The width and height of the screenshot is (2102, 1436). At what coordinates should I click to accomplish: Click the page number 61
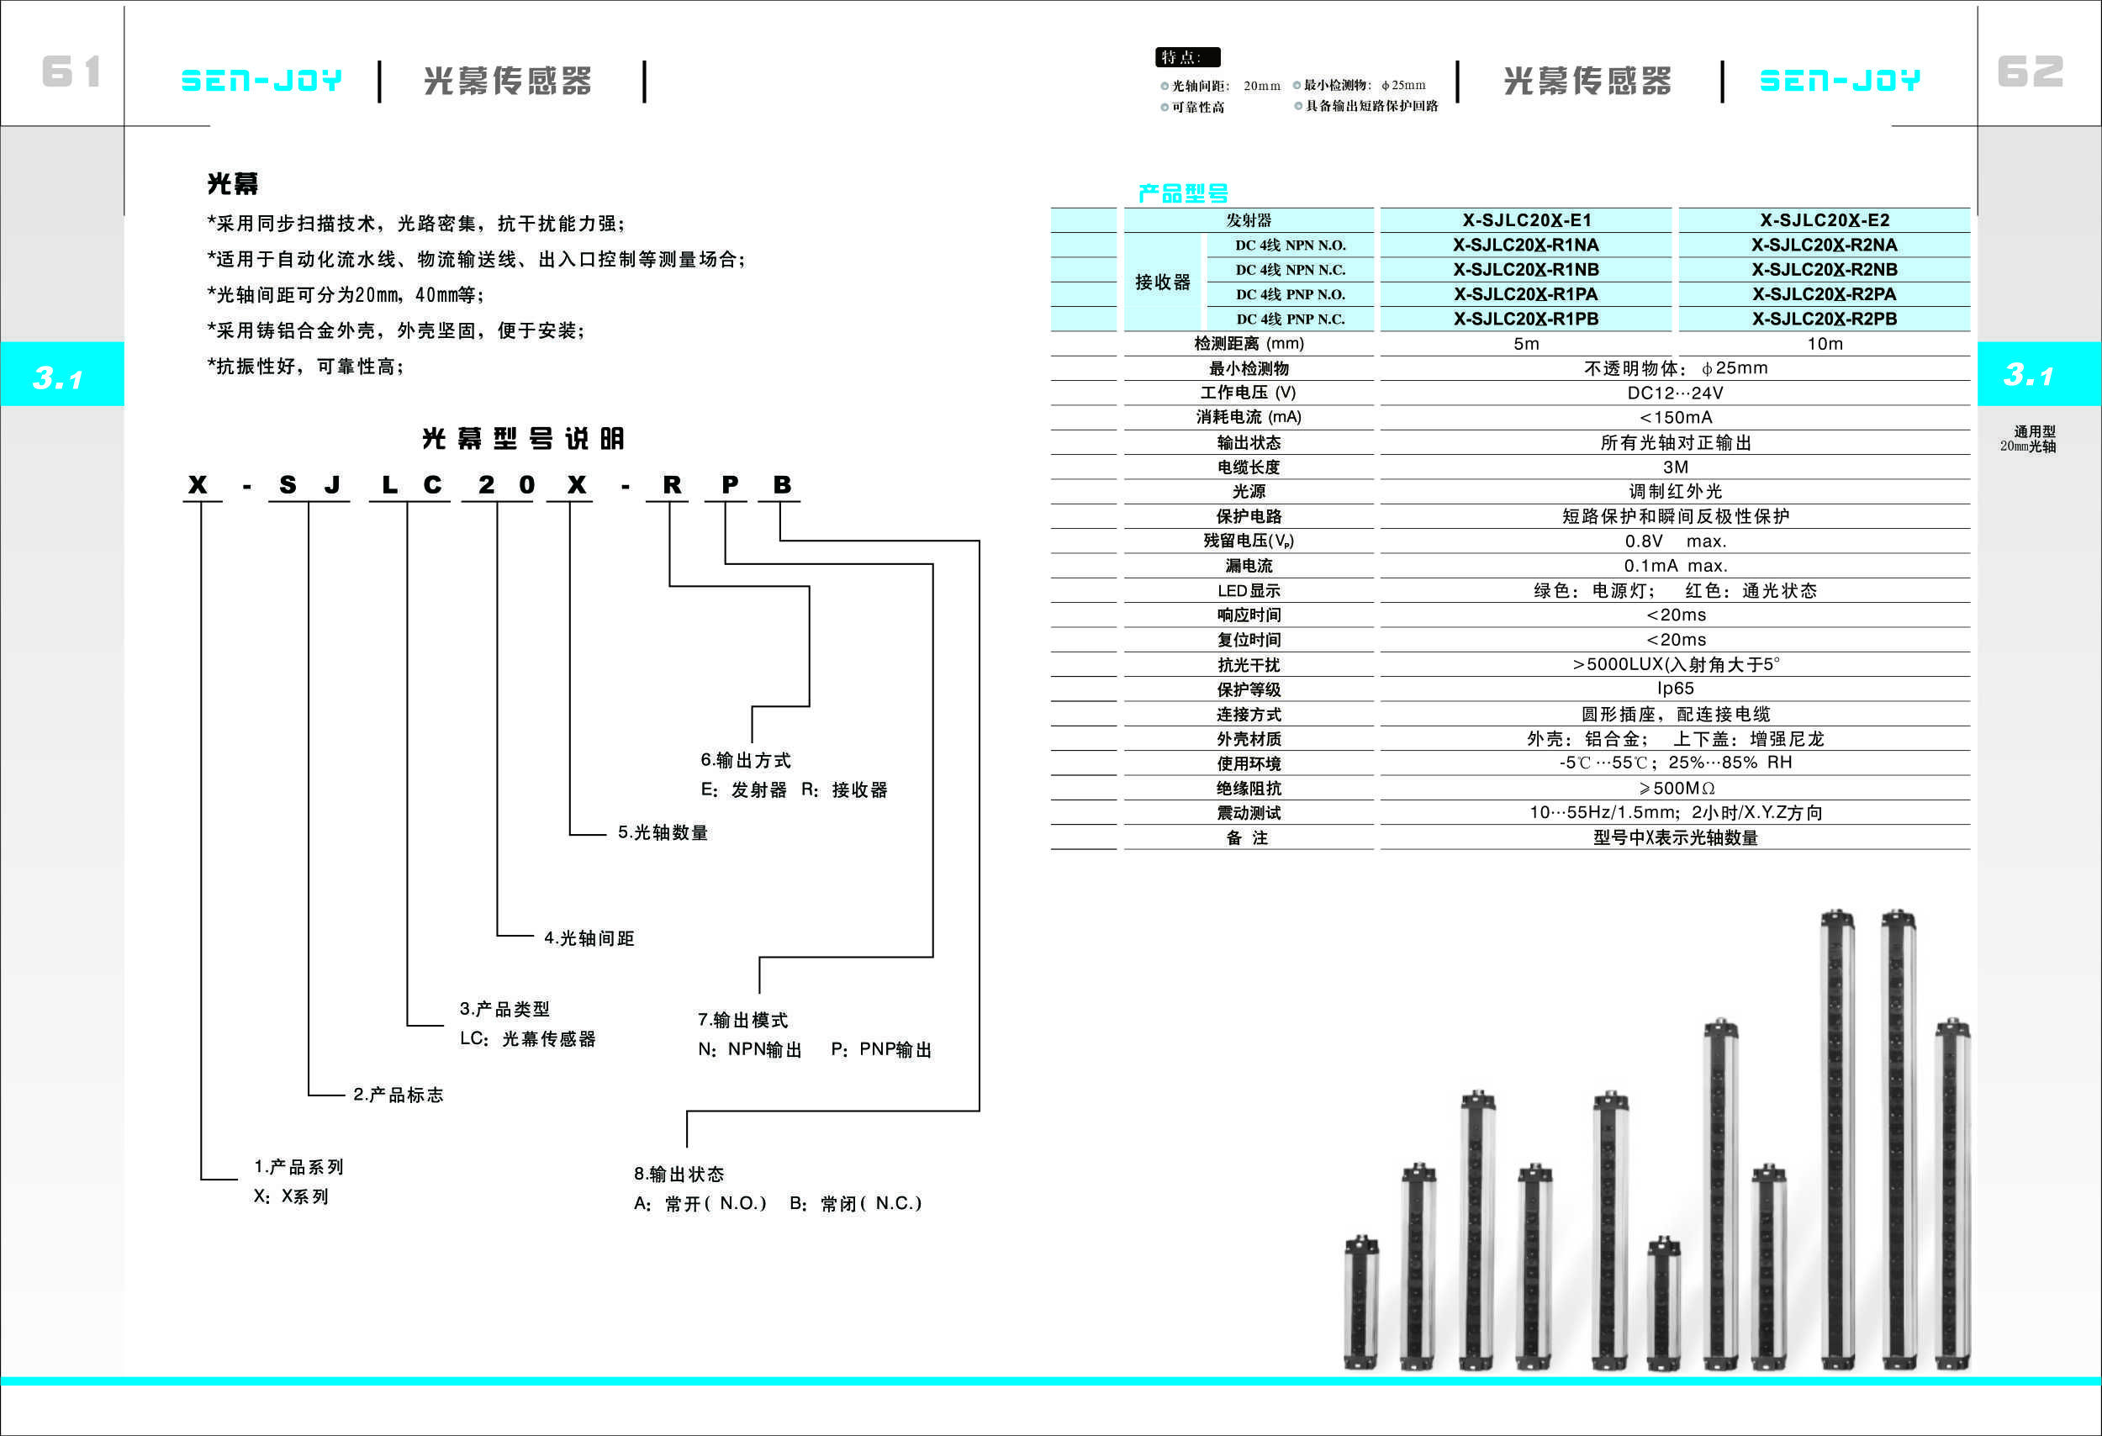pyautogui.click(x=71, y=71)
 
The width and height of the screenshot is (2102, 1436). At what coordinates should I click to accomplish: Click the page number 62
pyautogui.click(x=2030, y=71)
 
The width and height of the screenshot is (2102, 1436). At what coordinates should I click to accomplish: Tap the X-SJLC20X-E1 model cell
pyautogui.click(x=1526, y=219)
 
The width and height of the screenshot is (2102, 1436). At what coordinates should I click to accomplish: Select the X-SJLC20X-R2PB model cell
pyautogui.click(x=1824, y=319)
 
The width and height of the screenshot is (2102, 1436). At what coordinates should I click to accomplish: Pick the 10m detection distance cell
pyautogui.click(x=1825, y=344)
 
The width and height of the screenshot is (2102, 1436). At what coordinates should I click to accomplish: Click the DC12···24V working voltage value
pyautogui.click(x=1675, y=393)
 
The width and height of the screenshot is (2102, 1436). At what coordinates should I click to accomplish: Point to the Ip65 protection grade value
pyautogui.click(x=1675, y=689)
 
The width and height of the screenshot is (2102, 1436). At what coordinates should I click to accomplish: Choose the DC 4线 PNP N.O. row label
pyautogui.click(x=1290, y=294)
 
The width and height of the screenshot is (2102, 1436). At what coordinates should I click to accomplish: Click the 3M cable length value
pyautogui.click(x=1675, y=467)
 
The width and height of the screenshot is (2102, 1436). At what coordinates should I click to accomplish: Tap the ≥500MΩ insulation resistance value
pyautogui.click(x=1675, y=788)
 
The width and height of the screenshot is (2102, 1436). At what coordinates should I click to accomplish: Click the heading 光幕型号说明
pyautogui.click(x=523, y=439)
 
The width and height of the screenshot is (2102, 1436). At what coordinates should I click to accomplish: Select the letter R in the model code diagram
pyautogui.click(x=671, y=485)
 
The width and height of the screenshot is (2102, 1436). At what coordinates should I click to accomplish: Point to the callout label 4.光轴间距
pyautogui.click(x=589, y=937)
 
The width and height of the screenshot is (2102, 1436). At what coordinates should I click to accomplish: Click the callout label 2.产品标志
pyautogui.click(x=398, y=1094)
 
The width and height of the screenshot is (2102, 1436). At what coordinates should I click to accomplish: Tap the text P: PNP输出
pyautogui.click(x=881, y=1049)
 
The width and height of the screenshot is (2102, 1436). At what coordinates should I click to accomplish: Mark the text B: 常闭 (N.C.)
pyautogui.click(x=856, y=1203)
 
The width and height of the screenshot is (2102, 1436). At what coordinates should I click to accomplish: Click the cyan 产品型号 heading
pyautogui.click(x=1182, y=193)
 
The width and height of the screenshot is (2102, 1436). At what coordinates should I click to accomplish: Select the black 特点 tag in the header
pyautogui.click(x=1186, y=57)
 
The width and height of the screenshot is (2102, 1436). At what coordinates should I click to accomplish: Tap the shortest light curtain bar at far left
pyautogui.click(x=1360, y=1302)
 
